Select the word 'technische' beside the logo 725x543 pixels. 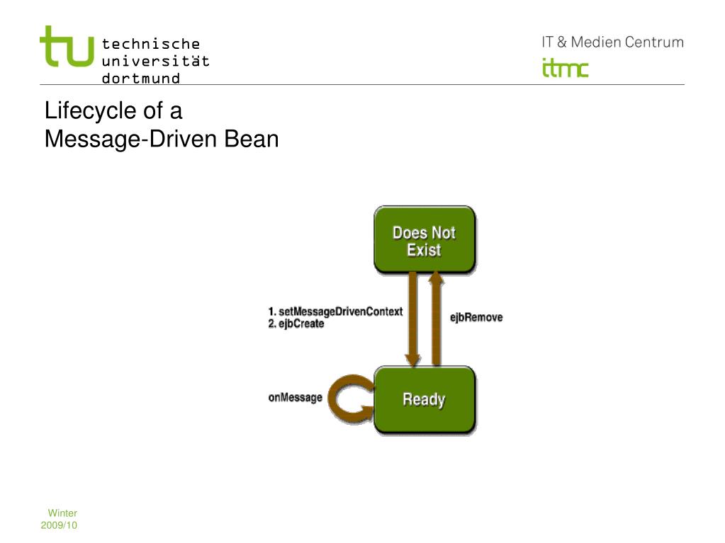pos(151,45)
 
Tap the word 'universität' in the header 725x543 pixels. pos(156,61)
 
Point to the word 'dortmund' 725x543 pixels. pos(141,78)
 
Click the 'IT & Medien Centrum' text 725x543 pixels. pos(612,42)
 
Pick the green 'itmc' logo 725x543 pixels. pos(565,69)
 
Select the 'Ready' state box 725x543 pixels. pos(424,399)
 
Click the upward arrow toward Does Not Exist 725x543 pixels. pos(435,319)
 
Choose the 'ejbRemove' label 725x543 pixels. pos(476,318)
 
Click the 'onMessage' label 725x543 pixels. pos(295,398)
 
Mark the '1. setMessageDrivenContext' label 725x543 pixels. pos(335,311)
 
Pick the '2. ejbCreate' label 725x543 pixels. pos(296,324)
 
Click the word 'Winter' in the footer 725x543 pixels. pos(62,513)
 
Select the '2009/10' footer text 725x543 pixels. pos(60,525)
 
